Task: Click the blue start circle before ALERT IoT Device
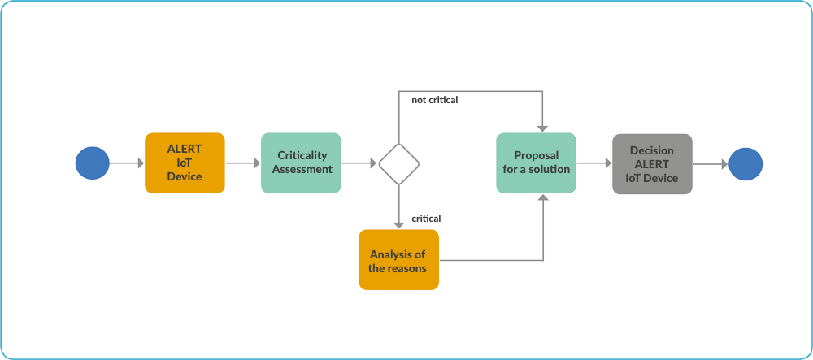[93, 163]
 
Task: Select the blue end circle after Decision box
[746, 164]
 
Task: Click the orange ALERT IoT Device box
[185, 163]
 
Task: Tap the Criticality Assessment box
[301, 163]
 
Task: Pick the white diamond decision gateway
[398, 163]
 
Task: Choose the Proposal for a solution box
[536, 163]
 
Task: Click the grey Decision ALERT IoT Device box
[652, 164]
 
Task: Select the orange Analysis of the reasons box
[398, 259]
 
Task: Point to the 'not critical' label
[434, 100]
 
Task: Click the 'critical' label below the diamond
[426, 219]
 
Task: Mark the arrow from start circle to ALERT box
[127, 163]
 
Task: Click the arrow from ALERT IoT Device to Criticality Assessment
[242, 163]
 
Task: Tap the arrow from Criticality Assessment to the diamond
[359, 163]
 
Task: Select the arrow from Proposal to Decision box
[594, 163]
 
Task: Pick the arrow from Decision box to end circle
[711, 164]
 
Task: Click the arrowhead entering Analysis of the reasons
[398, 225]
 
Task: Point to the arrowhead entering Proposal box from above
[542, 128]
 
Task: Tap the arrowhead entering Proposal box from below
[543, 198]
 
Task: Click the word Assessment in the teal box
[302, 169]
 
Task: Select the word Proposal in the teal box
[536, 155]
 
